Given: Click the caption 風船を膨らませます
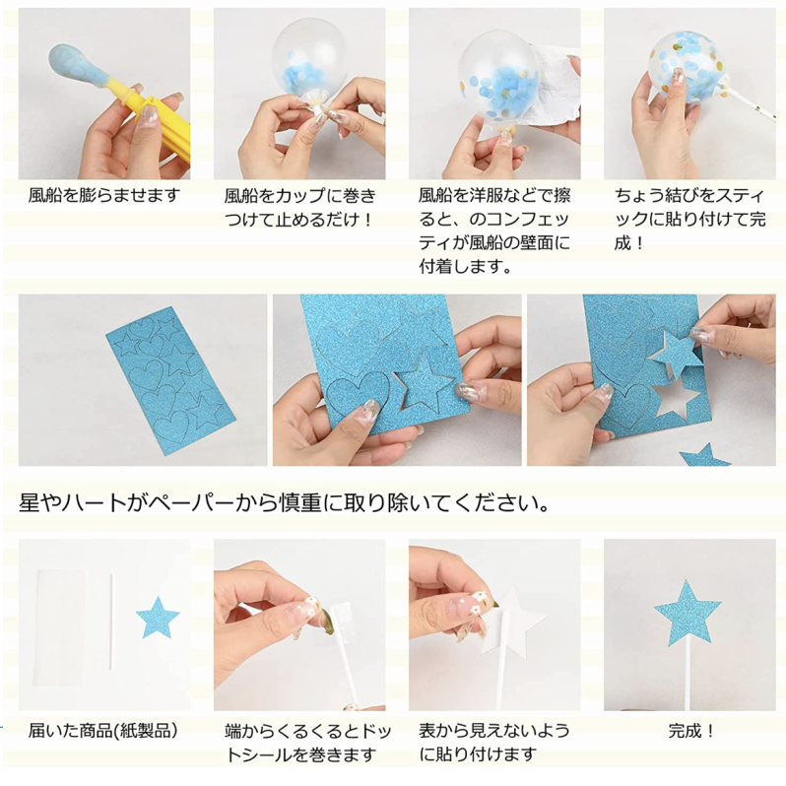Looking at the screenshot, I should point(104,195).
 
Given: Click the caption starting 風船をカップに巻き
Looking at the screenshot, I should point(298,207).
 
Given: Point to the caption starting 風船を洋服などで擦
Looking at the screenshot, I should point(493,230).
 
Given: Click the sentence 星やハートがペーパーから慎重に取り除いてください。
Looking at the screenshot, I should point(284,503).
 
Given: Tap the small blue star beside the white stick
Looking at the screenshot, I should point(157,618).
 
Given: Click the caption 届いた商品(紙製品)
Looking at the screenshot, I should point(102,730).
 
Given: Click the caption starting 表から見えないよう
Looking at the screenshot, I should point(493,743).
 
